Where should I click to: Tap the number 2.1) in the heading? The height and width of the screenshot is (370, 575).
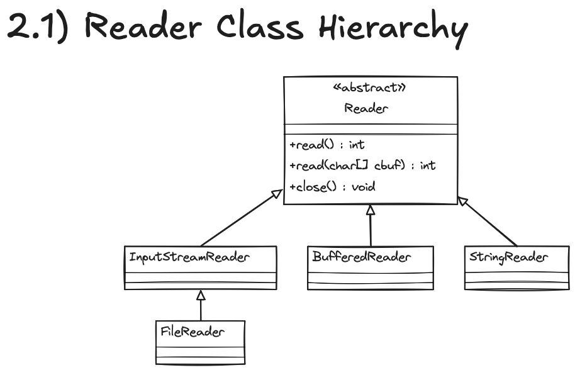(39, 28)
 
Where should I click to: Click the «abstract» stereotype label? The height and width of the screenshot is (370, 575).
(368, 88)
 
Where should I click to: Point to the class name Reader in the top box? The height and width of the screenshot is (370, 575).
(366, 108)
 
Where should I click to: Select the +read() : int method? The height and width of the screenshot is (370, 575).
(327, 145)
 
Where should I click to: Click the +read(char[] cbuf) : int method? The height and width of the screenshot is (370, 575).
(362, 166)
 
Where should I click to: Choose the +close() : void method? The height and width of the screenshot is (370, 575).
(333, 187)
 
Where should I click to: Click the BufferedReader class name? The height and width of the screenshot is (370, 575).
(362, 257)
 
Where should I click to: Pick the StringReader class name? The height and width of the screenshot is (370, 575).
(508, 257)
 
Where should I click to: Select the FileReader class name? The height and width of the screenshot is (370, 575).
(192, 331)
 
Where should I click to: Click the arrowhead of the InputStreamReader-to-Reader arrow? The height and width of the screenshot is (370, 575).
(277, 194)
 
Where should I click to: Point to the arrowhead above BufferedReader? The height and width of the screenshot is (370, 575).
(371, 210)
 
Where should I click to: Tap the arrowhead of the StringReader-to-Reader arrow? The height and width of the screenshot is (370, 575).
(462, 201)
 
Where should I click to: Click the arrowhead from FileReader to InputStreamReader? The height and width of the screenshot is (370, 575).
(201, 294)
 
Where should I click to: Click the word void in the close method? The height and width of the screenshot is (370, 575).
(364, 187)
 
